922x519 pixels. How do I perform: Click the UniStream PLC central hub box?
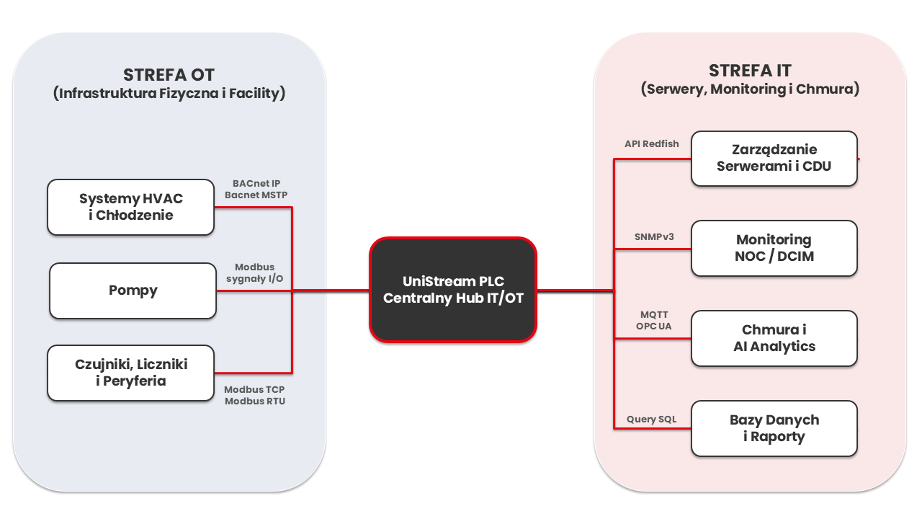point(453,289)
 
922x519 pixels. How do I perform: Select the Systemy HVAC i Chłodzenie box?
point(130,207)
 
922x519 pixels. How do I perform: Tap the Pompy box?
point(133,290)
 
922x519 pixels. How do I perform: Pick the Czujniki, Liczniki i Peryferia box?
point(130,373)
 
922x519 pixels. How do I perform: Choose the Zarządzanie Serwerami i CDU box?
point(774,158)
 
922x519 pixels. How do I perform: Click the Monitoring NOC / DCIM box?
point(774,247)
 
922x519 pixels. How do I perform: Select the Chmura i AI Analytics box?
point(774,338)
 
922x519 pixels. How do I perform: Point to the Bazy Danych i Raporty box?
point(774,428)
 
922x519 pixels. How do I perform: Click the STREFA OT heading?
point(169,75)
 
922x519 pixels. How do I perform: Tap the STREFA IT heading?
point(750,71)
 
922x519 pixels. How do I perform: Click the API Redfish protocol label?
point(651,143)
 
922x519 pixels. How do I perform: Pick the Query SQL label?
point(651,419)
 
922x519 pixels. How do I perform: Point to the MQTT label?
point(654,314)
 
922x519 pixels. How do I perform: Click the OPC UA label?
point(654,326)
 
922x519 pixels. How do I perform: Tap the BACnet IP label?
point(256,183)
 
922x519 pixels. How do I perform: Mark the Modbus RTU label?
point(254,401)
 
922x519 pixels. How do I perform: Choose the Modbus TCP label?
point(254,389)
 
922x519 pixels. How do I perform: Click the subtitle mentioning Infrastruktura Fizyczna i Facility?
point(169,94)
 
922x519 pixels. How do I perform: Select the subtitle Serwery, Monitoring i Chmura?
point(750,89)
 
